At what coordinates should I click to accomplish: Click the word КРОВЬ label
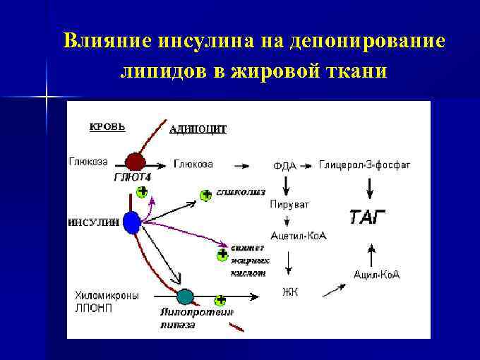tap(107, 127)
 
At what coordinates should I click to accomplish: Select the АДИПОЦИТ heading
tap(198, 129)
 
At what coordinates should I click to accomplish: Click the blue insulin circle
tap(131, 223)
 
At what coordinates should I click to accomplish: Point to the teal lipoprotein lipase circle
tap(185, 296)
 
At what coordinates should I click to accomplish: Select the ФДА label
tap(284, 166)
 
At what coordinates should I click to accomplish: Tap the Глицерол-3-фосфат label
tap(364, 164)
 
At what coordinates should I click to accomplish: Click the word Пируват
tap(289, 204)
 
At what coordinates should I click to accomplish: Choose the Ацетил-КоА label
tap(299, 236)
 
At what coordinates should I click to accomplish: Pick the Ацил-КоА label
tap(377, 275)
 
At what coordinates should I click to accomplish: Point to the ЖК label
tap(290, 291)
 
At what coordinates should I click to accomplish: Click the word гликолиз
tap(241, 191)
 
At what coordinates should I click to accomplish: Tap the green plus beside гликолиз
tap(205, 195)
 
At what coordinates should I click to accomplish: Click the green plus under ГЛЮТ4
tap(143, 191)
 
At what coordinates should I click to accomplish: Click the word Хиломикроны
tap(107, 295)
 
